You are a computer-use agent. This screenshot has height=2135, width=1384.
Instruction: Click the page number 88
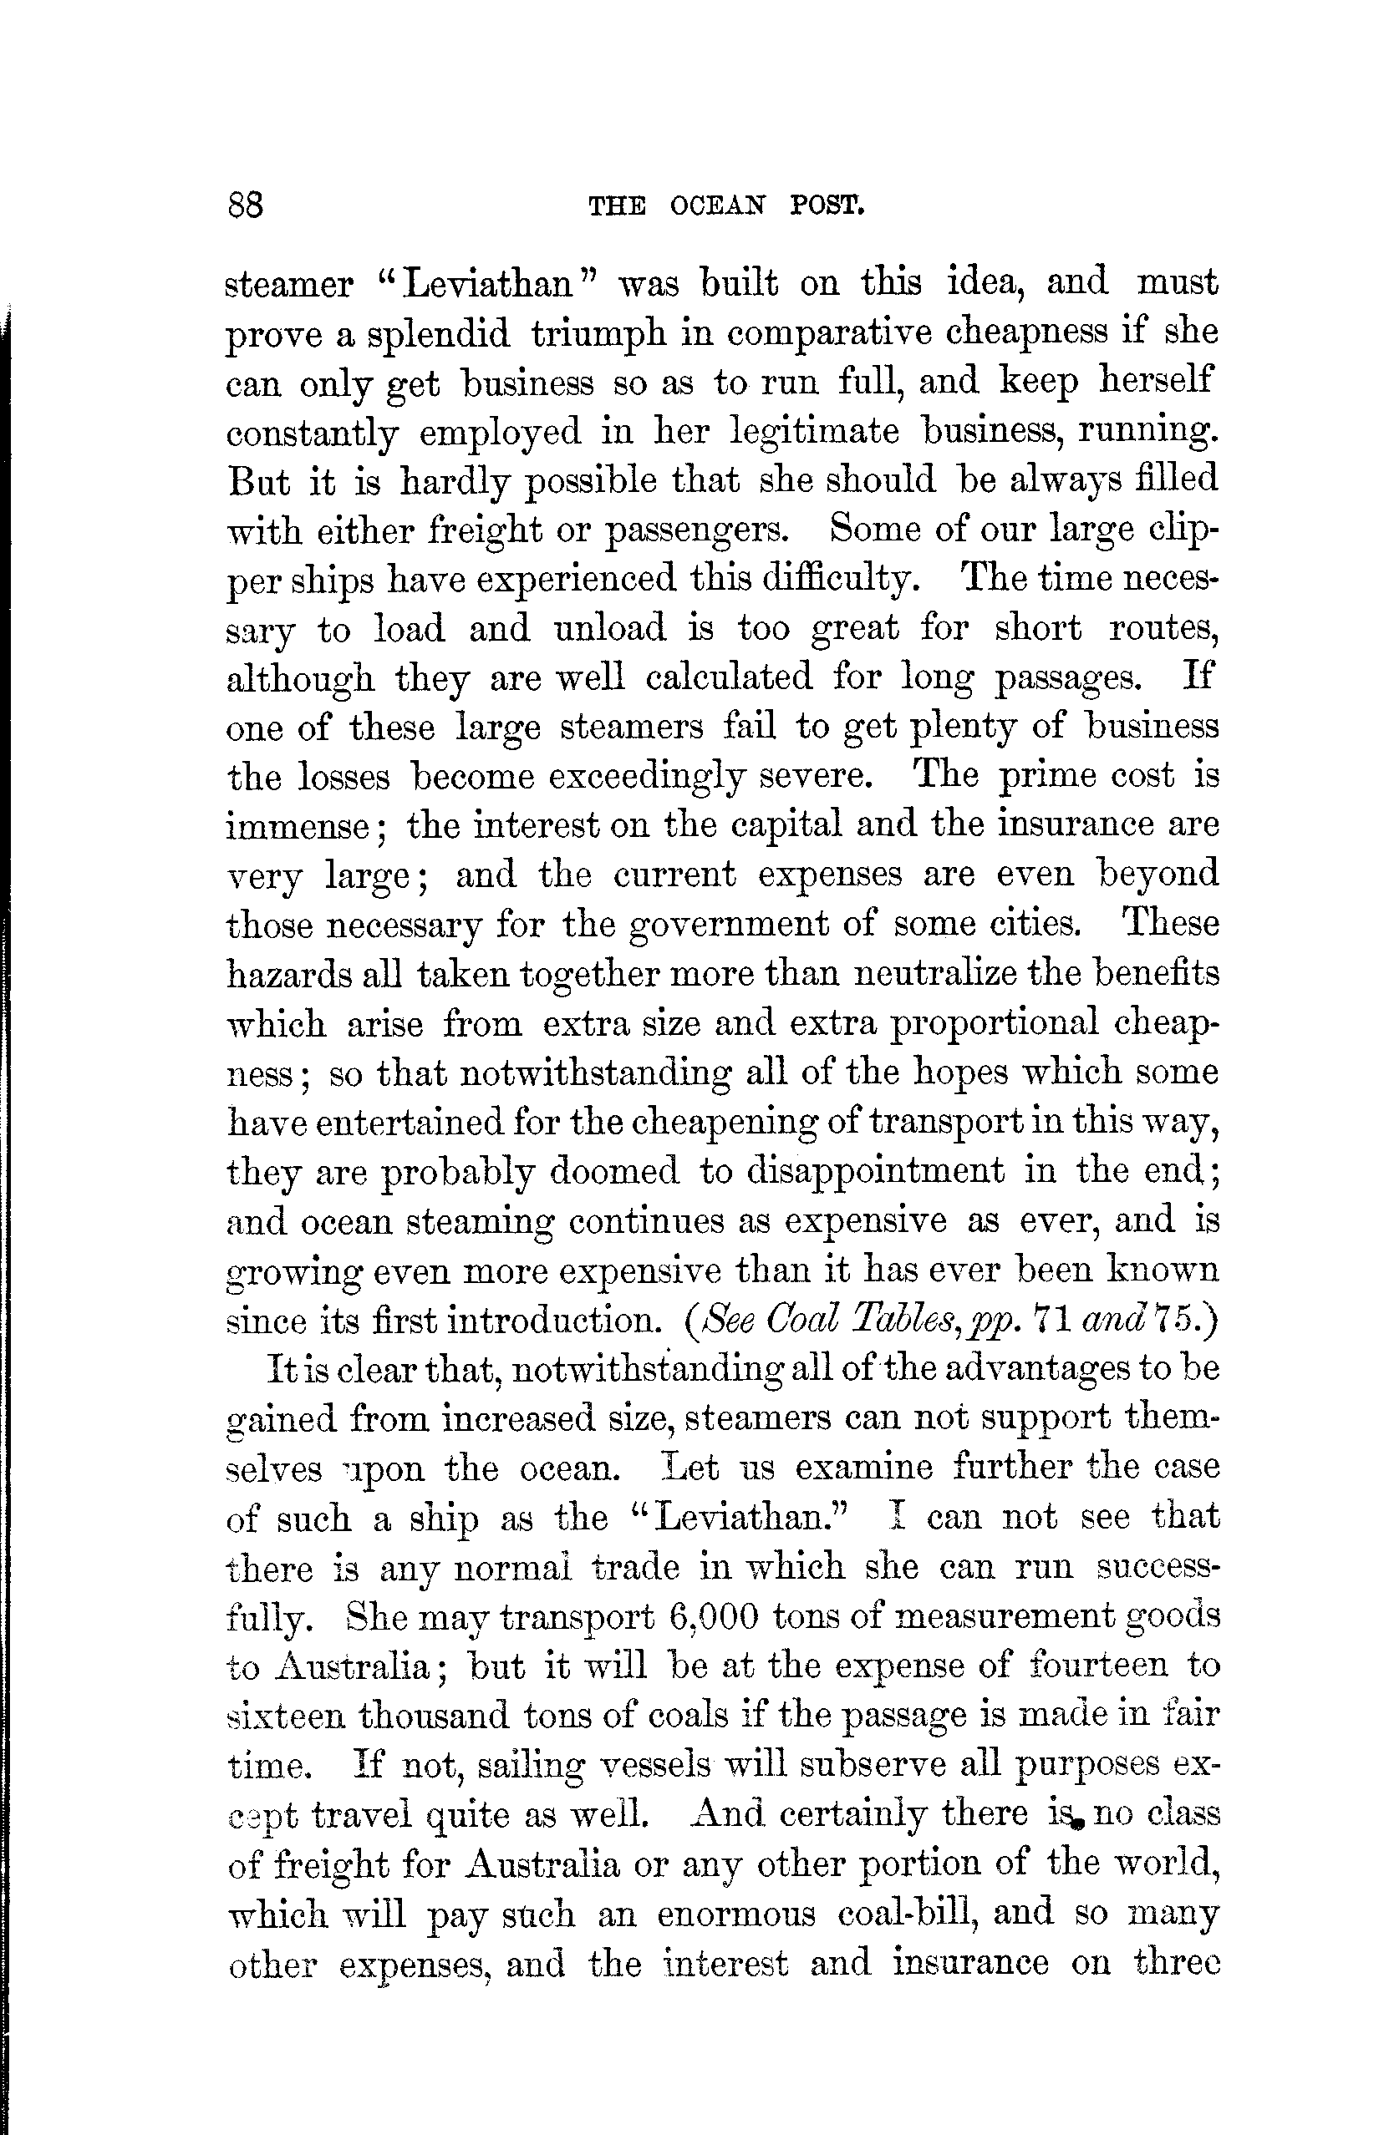[x=245, y=206]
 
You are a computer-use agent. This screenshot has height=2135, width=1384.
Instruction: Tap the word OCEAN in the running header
[x=717, y=207]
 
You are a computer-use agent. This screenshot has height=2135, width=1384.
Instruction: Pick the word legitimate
[x=815, y=433]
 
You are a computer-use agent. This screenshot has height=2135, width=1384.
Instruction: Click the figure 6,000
[x=715, y=1616]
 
